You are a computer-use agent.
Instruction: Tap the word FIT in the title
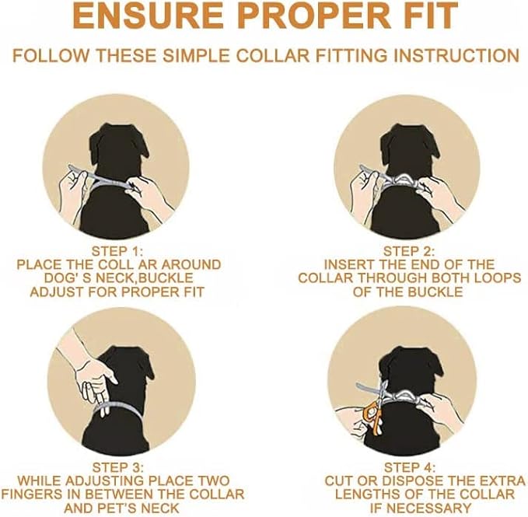point(420,18)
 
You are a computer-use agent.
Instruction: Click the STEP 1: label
point(118,251)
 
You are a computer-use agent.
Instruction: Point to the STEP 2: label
point(409,251)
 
